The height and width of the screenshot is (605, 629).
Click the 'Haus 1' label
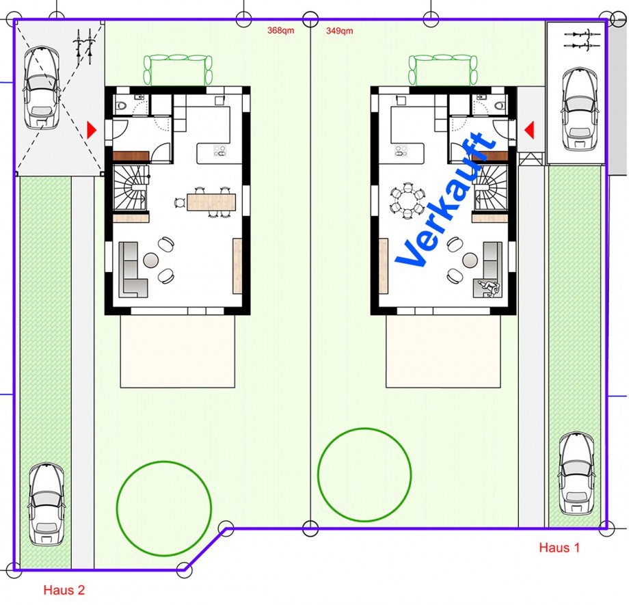click(x=559, y=547)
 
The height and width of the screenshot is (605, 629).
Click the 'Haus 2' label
click(x=64, y=589)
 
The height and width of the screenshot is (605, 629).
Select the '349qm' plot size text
click(x=340, y=31)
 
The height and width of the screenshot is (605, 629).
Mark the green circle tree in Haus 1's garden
click(x=365, y=474)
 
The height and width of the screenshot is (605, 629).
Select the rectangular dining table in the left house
click(x=211, y=202)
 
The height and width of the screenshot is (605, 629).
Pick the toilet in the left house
click(x=121, y=105)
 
